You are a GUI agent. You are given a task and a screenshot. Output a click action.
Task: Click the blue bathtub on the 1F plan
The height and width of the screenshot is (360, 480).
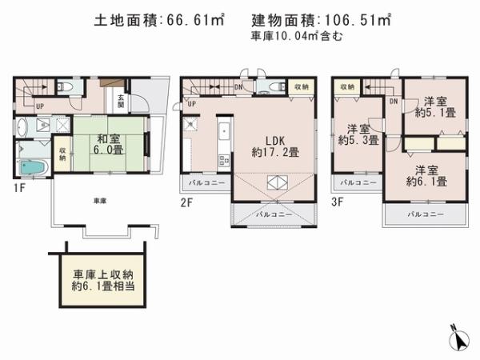[x=33, y=167]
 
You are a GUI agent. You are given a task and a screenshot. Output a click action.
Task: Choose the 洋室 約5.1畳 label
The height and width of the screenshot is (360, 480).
[x=434, y=107]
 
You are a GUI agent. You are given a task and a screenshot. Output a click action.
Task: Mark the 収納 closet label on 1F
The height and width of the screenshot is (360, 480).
[x=62, y=152]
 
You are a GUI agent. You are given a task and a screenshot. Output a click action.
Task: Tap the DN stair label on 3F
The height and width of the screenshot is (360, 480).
[x=393, y=102]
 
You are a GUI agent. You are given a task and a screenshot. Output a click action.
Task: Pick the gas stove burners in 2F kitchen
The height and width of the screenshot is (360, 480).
[x=191, y=124]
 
